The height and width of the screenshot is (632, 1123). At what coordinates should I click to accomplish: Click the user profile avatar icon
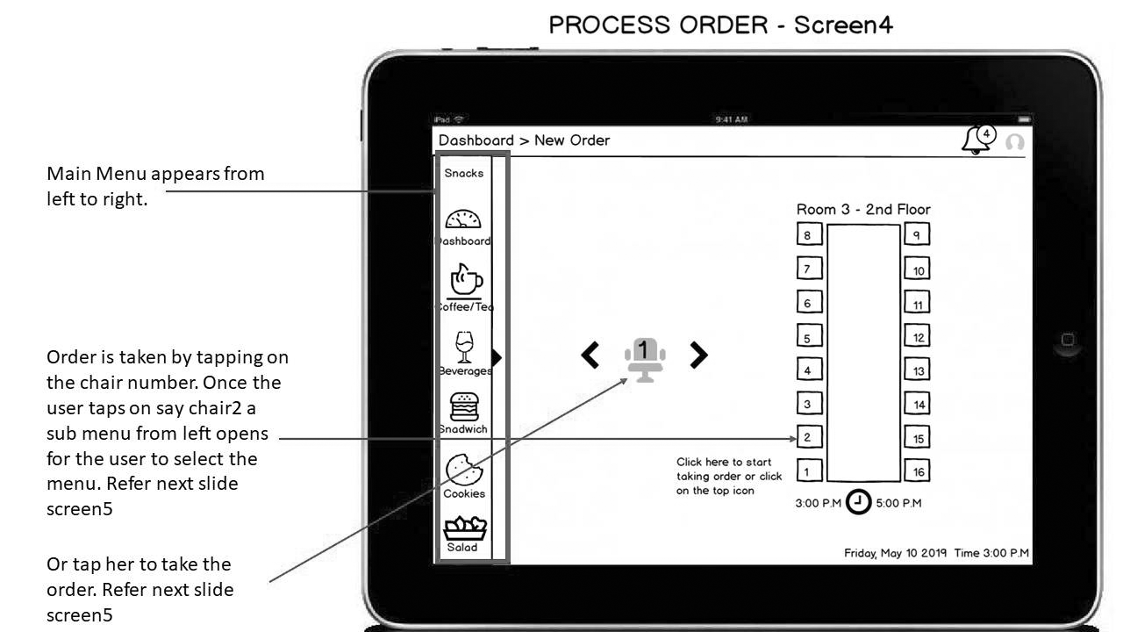click(1015, 142)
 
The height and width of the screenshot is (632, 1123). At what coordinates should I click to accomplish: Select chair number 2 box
click(809, 437)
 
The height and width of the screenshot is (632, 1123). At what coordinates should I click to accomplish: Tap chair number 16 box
click(917, 471)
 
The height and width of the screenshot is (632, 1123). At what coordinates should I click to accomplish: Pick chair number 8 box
click(809, 234)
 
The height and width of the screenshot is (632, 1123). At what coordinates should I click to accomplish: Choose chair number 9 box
click(917, 234)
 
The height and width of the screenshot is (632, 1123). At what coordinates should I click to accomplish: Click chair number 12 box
click(917, 336)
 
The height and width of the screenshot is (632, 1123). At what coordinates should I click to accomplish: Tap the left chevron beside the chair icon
click(590, 355)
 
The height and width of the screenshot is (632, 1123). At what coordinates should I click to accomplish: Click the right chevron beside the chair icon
click(698, 355)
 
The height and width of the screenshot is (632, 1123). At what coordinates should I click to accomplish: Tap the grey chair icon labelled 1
click(645, 360)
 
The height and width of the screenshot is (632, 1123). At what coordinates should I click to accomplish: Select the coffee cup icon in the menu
click(466, 280)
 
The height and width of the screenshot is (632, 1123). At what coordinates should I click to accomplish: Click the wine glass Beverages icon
click(464, 347)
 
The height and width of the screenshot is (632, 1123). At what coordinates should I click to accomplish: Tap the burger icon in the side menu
click(464, 406)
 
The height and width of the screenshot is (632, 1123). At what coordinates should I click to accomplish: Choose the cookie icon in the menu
click(464, 470)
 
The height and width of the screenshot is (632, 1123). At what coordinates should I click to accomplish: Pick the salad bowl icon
click(465, 528)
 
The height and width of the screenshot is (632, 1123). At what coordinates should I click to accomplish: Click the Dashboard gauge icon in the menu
click(463, 219)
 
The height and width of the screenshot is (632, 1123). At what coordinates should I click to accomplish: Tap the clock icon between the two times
click(858, 501)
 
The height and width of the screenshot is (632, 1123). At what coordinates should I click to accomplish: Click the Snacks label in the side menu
click(464, 173)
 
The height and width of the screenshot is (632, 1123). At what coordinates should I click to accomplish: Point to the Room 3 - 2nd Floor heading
click(863, 209)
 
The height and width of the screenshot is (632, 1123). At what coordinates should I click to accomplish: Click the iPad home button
click(1068, 340)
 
